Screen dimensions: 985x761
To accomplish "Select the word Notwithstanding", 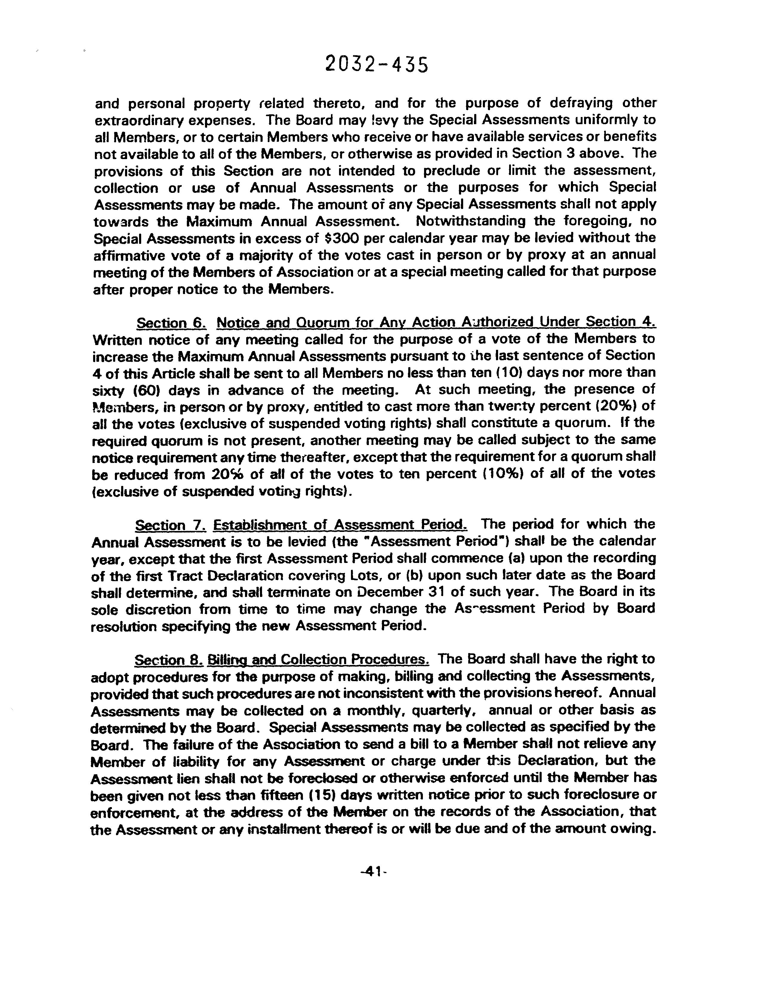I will pyautogui.click(x=471, y=221).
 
